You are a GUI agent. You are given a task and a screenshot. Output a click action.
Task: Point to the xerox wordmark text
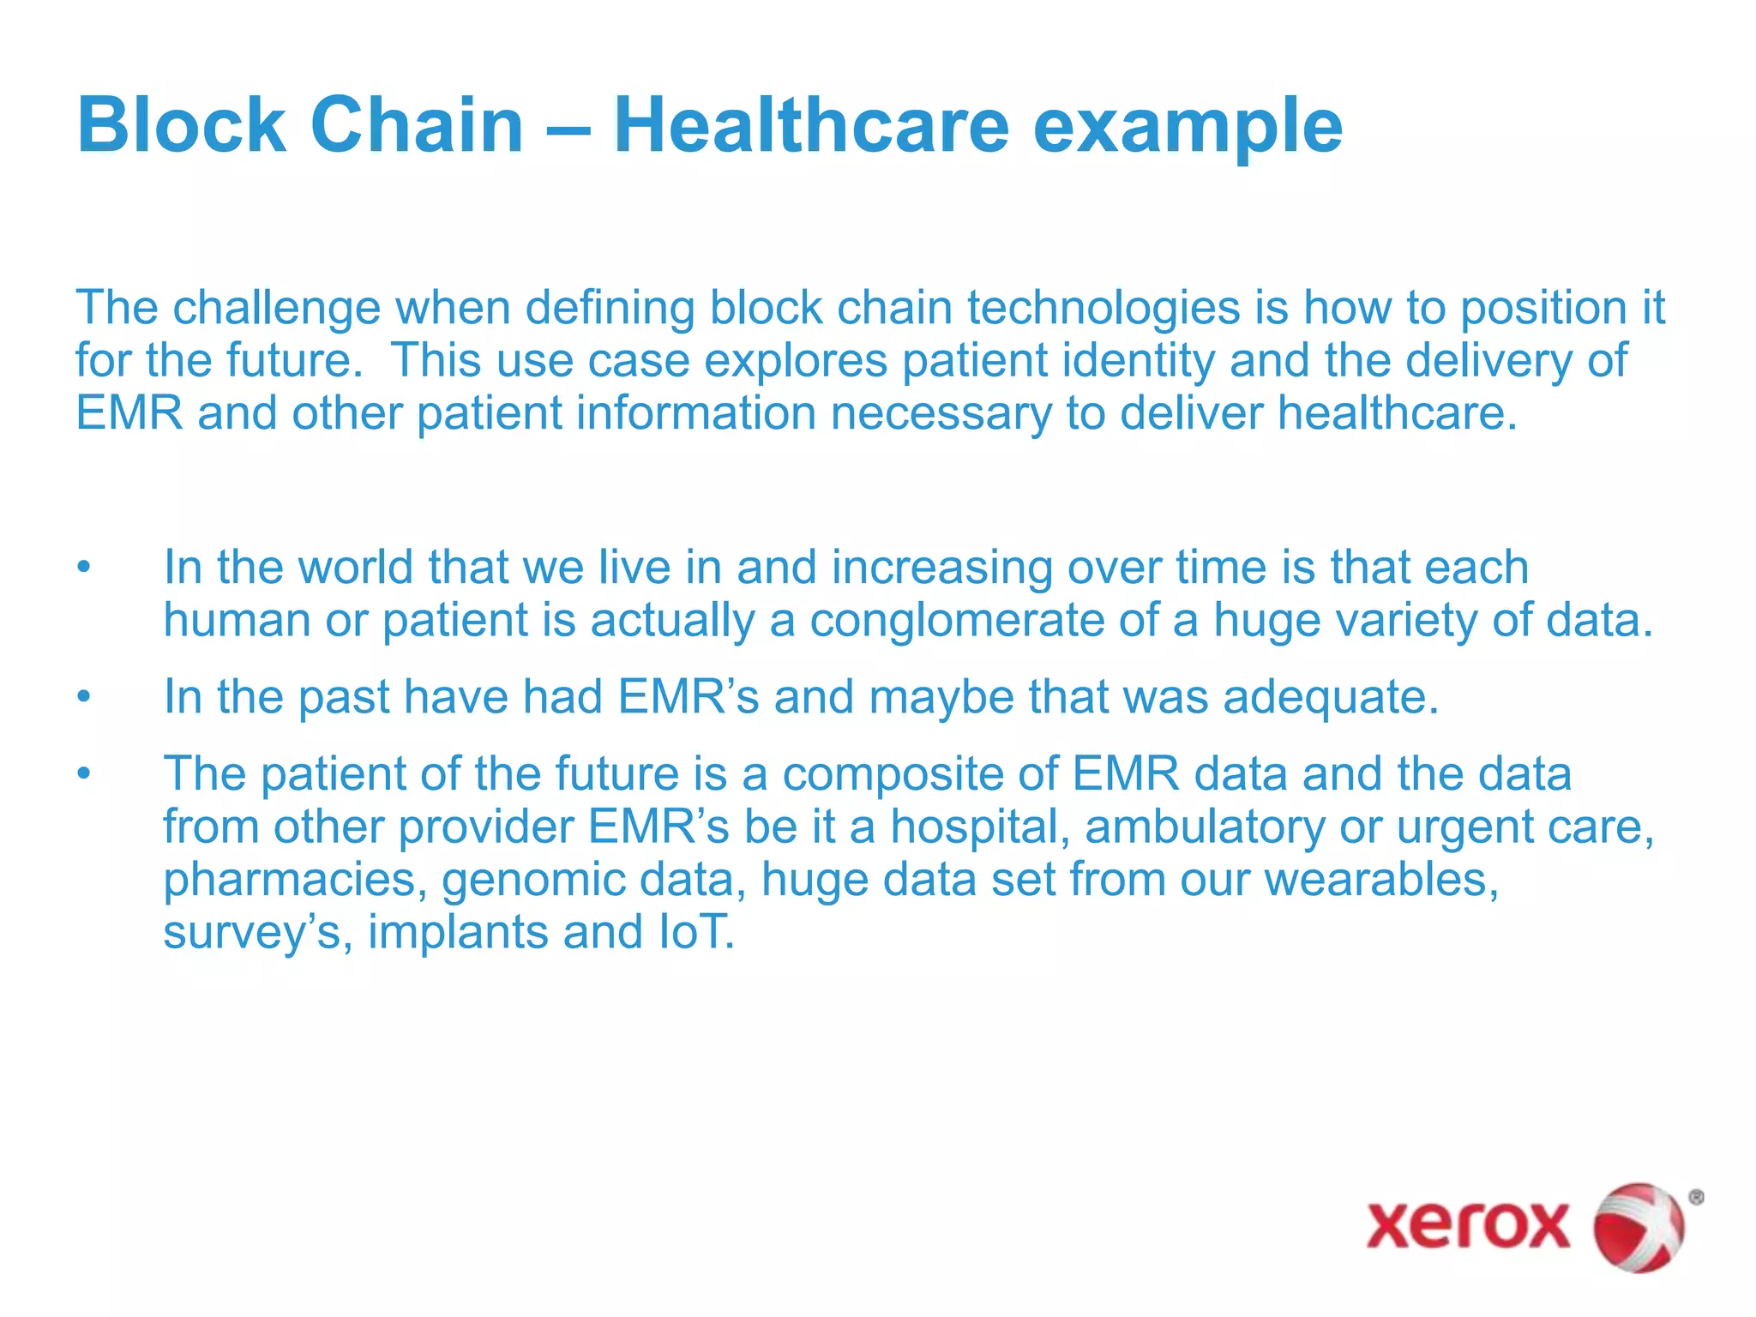tap(1468, 1224)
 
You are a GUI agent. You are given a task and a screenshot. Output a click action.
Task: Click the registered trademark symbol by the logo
tap(1695, 1198)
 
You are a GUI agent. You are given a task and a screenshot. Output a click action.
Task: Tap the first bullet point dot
tap(83, 568)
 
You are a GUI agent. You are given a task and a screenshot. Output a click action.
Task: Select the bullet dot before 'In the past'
tap(83, 696)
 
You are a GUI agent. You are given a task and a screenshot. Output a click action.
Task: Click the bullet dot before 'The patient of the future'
tap(83, 773)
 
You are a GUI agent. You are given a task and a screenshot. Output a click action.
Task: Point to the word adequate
tap(1330, 697)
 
